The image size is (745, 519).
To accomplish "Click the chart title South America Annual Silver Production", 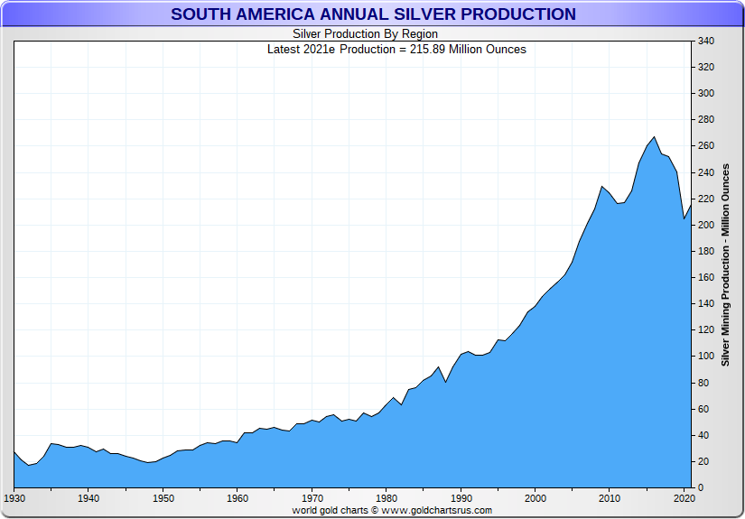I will tap(373, 14).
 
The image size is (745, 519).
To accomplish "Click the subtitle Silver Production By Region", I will tap(365, 34).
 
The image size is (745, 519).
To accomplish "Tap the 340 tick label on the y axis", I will tap(706, 41).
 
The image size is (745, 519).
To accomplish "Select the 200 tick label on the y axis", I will tap(706, 226).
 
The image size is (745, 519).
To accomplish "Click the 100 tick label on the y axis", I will tap(706, 357).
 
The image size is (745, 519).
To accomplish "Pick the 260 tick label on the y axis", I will tap(706, 146).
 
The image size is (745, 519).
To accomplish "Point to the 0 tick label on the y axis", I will tap(701, 488).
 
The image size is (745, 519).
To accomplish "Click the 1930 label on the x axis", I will tap(14, 498).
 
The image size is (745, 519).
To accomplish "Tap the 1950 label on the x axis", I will tap(163, 498).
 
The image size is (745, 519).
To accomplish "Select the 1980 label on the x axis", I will tap(386, 498).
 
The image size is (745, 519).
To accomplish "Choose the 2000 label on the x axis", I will tap(535, 498).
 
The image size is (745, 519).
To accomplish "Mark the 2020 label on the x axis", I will tap(684, 498).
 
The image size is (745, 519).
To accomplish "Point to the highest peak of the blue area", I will tap(654, 137).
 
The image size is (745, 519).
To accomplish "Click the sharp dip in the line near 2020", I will tap(684, 218).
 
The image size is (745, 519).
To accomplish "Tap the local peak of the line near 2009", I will tap(602, 187).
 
